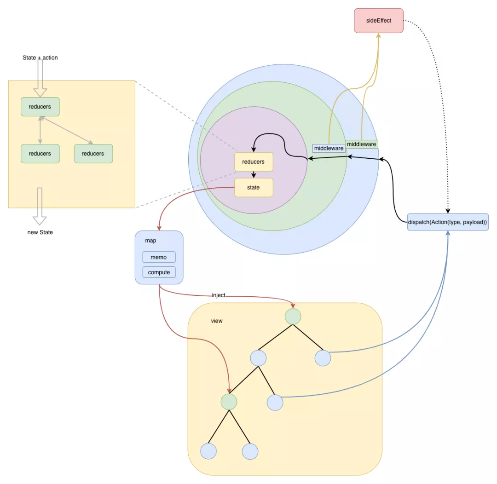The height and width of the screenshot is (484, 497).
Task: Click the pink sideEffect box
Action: [378, 21]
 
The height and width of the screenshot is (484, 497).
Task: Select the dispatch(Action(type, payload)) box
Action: [448, 222]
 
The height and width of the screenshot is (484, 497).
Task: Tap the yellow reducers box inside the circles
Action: [254, 162]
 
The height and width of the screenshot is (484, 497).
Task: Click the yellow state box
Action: [254, 187]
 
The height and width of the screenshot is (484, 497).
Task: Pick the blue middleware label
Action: [329, 148]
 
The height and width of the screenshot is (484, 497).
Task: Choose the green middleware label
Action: [361, 144]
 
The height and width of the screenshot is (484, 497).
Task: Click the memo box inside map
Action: [159, 257]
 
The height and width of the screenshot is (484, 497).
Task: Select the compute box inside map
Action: [159, 272]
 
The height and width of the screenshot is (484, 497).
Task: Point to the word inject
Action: [219, 295]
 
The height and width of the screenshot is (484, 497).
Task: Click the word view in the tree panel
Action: [217, 321]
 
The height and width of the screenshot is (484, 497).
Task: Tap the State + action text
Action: [40, 58]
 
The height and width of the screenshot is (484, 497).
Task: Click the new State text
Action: [40, 232]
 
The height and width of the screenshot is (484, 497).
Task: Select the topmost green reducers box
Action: [40, 107]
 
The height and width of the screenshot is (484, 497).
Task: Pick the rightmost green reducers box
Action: [93, 154]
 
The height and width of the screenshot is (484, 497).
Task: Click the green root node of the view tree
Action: [293, 317]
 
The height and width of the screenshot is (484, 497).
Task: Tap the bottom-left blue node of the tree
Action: [208, 451]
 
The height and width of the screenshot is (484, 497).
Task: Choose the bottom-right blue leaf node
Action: [250, 451]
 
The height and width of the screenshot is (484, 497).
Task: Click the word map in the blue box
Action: [150, 241]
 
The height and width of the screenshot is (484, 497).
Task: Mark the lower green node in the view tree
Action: [229, 402]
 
